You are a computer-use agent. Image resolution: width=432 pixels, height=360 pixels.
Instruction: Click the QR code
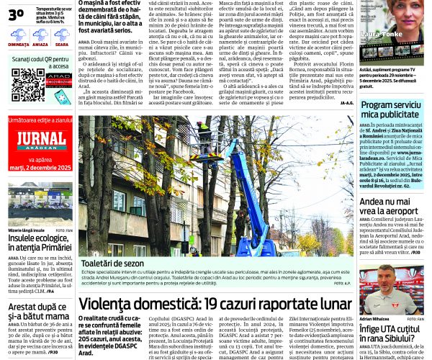pyautogui.click(x=27, y=86)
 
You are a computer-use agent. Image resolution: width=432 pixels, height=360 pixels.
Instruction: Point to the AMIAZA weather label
pyautogui.click(x=40, y=45)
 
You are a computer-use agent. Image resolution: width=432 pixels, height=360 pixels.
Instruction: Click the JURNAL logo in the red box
pyautogui.click(x=40, y=140)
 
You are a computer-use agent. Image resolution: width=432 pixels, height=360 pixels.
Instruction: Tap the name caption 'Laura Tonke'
pyautogui.click(x=382, y=53)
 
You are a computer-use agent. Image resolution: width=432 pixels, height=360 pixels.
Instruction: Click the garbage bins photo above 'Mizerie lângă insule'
pyautogui.click(x=40, y=204)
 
